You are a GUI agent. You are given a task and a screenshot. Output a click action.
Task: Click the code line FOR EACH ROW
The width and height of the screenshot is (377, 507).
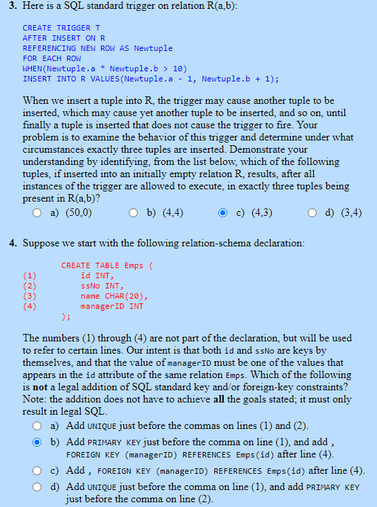(x=52, y=58)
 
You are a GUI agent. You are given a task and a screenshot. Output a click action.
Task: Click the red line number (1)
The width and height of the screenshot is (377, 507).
(x=29, y=276)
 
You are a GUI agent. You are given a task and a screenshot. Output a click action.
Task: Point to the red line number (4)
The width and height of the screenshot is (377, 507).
(x=29, y=306)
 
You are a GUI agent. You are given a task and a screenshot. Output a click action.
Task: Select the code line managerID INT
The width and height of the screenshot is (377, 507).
(x=112, y=306)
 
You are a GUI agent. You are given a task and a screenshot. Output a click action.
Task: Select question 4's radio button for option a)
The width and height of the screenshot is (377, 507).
(x=39, y=426)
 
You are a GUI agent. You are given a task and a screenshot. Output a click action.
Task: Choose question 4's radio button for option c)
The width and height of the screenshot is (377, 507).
(x=39, y=471)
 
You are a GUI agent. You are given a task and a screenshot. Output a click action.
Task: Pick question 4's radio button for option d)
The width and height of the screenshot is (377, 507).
(x=39, y=487)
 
